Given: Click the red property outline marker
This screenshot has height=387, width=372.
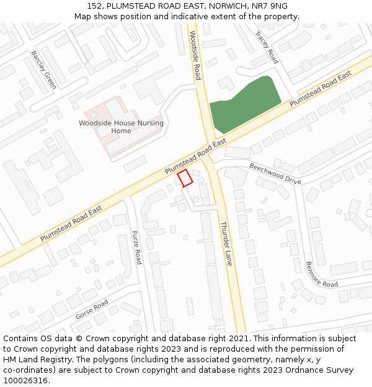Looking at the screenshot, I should click(x=185, y=178).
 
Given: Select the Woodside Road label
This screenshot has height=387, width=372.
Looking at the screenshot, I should click(x=195, y=56).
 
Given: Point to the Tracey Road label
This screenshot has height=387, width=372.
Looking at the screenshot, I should click(x=267, y=48).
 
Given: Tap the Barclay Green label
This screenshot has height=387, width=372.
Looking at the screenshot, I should click(x=44, y=69).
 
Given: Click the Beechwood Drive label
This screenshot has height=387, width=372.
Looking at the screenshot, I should click(x=275, y=173).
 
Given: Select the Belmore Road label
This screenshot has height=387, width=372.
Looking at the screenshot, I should click(x=321, y=274).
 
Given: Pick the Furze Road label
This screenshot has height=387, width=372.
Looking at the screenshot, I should click(x=136, y=247).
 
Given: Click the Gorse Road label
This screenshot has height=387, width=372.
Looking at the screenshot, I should click(x=92, y=309).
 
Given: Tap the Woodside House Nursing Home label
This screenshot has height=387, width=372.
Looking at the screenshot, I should click(x=121, y=127).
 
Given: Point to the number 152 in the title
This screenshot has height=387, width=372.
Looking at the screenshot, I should click(x=94, y=6).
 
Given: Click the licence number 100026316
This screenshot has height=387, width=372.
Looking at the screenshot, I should click(x=26, y=380).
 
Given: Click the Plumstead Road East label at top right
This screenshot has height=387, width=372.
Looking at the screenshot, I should click(x=321, y=87).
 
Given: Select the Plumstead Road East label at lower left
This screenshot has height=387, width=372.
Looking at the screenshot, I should click(x=71, y=224).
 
